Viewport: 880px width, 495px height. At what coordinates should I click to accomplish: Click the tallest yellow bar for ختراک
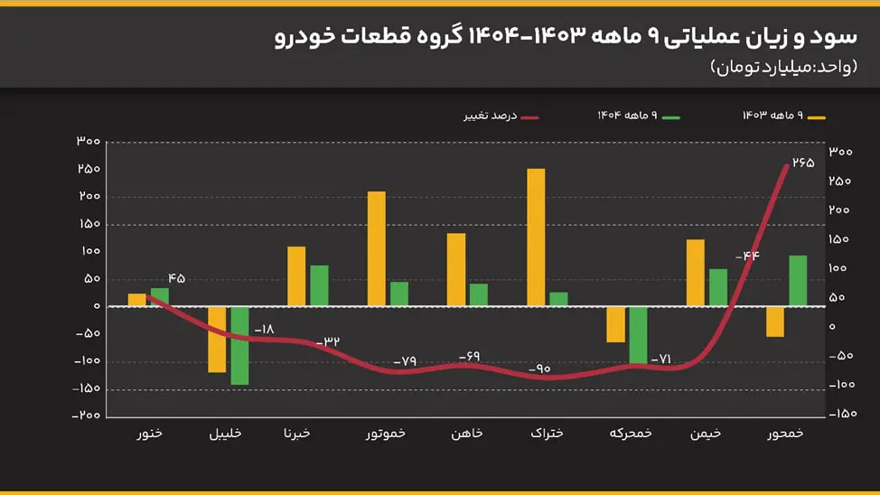[536, 237]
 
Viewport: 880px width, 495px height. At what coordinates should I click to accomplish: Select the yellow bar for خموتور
[376, 248]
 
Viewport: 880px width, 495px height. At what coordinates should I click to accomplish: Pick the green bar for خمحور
[798, 281]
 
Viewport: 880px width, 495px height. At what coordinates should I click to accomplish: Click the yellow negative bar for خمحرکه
[615, 324]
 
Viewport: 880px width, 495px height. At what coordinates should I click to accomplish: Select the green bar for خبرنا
[319, 285]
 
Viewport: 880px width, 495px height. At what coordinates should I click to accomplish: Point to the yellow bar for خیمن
[696, 272]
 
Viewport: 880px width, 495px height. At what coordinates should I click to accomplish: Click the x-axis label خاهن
[467, 434]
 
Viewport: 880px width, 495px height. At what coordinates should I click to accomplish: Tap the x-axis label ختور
[149, 434]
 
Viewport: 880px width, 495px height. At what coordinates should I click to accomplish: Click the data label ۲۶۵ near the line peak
[803, 163]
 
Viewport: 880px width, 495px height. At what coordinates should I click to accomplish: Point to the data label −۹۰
[540, 369]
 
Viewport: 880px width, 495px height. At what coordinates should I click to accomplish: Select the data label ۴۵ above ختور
[175, 278]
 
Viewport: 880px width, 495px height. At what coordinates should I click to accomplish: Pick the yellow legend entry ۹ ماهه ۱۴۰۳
[783, 116]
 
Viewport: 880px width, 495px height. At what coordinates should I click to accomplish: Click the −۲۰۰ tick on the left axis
[87, 416]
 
